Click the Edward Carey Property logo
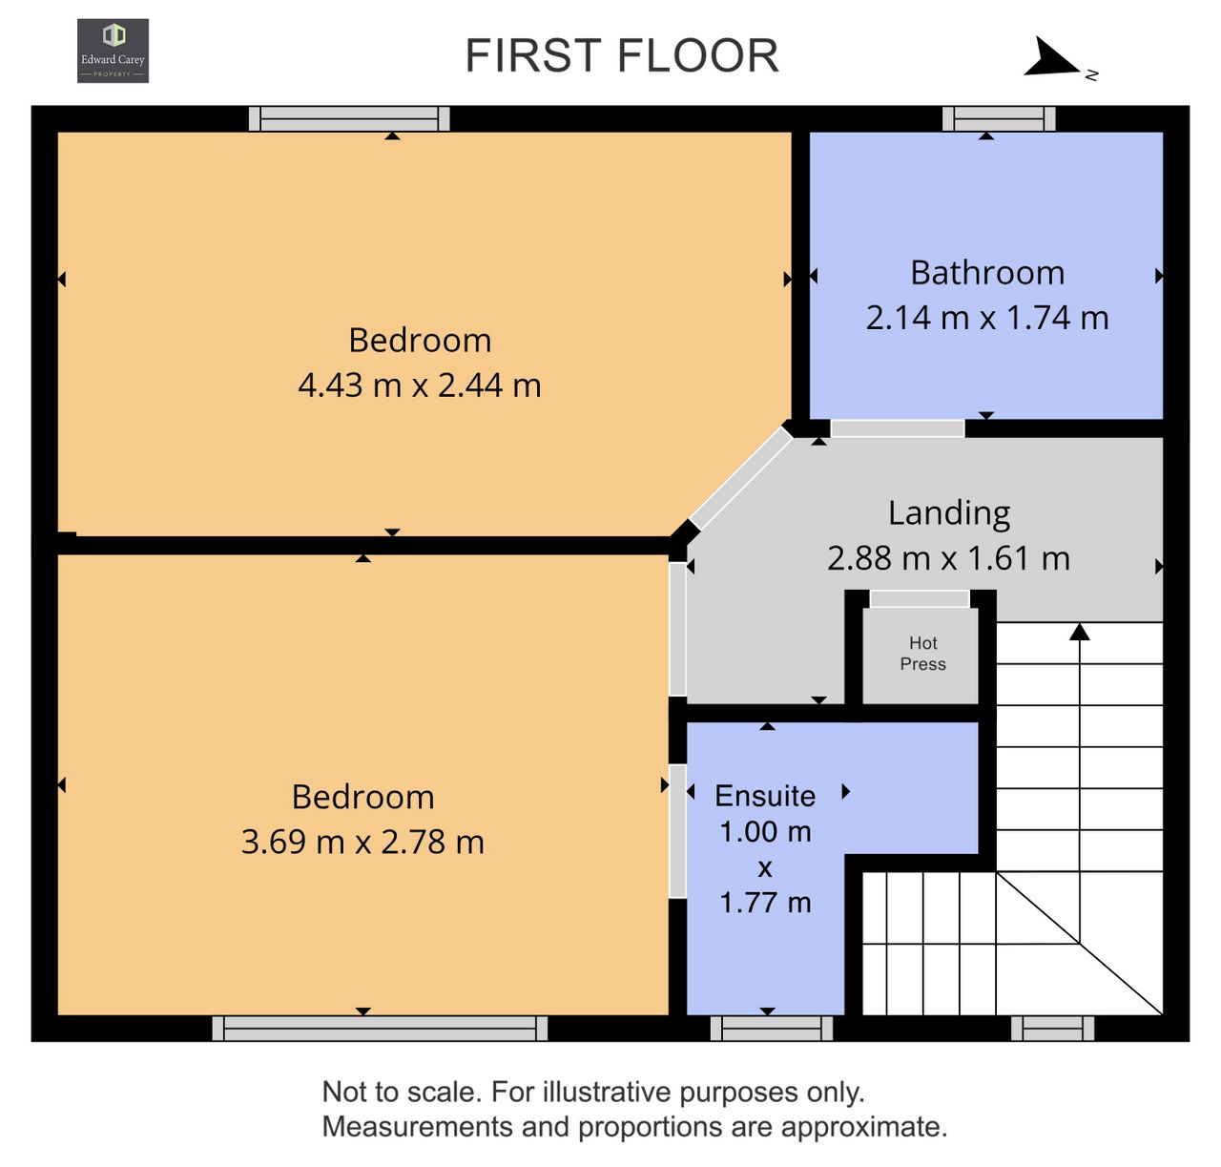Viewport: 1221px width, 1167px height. (x=113, y=51)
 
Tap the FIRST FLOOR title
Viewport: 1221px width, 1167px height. (x=622, y=56)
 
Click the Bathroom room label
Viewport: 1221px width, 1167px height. (x=987, y=273)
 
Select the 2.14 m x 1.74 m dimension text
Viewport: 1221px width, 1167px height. (x=987, y=318)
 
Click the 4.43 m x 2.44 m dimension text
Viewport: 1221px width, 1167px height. (x=419, y=385)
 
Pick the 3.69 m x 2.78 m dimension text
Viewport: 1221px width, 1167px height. (x=362, y=842)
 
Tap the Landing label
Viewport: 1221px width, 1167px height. (x=949, y=514)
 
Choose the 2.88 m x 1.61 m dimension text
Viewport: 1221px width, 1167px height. (x=948, y=558)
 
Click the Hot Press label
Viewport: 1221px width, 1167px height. (x=922, y=654)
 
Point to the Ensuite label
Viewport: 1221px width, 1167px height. (x=765, y=796)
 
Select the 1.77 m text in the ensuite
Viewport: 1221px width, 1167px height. (x=765, y=903)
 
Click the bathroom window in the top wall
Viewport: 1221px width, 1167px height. (x=999, y=118)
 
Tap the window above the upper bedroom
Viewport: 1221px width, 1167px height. (x=349, y=118)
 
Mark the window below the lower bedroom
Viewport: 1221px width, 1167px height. (x=380, y=1029)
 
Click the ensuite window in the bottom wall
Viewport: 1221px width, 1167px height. (x=771, y=1029)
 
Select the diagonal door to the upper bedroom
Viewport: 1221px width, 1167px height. (x=741, y=478)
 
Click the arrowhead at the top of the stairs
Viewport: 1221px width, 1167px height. (x=1079, y=632)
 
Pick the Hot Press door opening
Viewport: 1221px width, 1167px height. (x=920, y=599)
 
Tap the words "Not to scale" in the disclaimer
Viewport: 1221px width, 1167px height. (x=402, y=1093)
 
